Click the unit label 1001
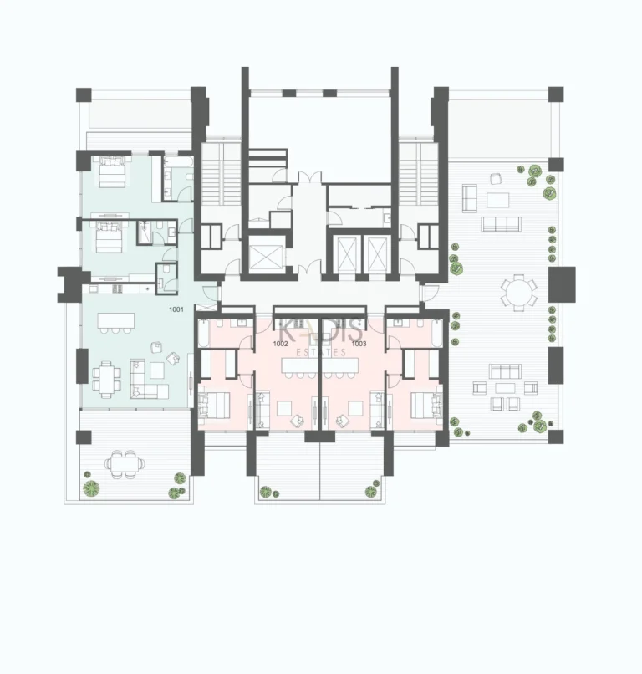(x=176, y=310)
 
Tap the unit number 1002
(x=281, y=344)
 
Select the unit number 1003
(x=359, y=344)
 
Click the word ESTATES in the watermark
(x=321, y=353)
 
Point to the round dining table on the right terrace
(x=518, y=293)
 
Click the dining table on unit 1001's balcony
(x=122, y=462)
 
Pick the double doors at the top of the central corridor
(x=308, y=177)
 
